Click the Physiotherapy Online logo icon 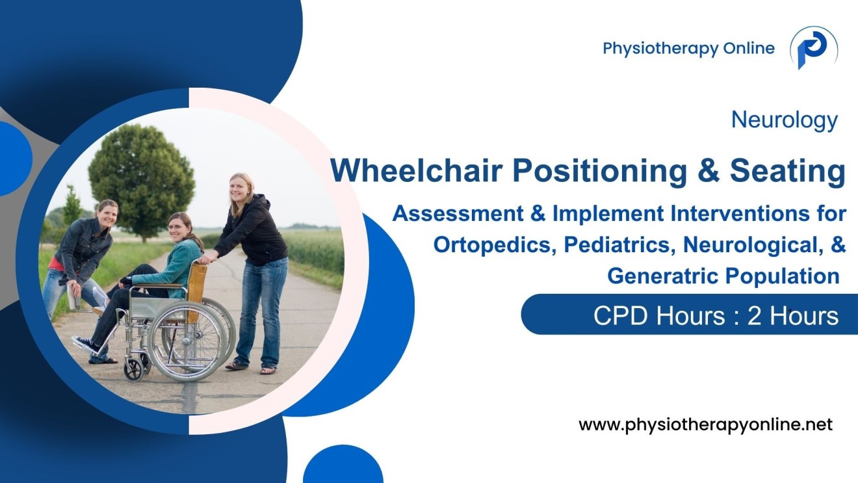813,49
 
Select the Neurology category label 784,120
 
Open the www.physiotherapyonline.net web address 705,425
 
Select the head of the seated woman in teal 179,226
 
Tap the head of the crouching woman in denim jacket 106,213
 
